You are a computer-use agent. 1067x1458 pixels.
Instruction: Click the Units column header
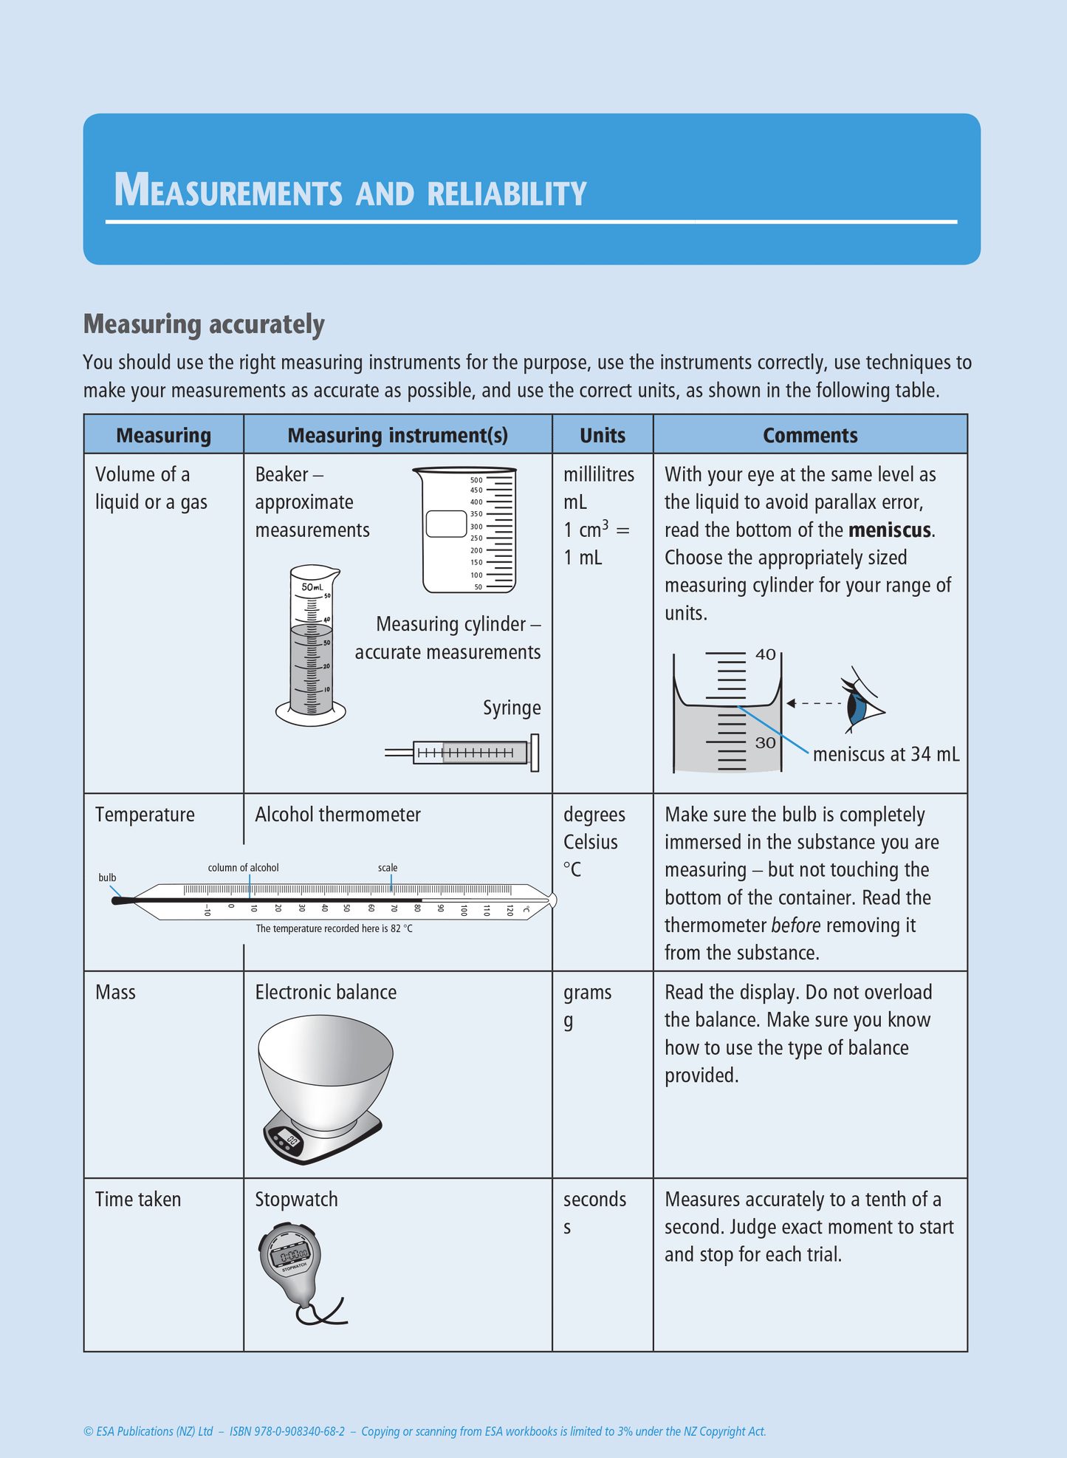point(602,435)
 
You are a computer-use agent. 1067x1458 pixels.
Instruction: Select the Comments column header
point(810,435)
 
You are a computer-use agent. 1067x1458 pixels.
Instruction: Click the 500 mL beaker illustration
point(465,530)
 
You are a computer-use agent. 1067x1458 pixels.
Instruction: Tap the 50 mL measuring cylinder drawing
point(311,646)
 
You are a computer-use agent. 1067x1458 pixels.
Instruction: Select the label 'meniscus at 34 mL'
point(885,754)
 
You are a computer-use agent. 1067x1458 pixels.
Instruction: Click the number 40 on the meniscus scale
point(766,654)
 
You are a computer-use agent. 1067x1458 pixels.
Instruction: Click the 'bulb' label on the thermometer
point(107,877)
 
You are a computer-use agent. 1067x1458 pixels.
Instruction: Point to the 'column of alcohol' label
point(243,868)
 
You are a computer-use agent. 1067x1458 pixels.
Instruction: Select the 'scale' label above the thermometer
point(388,868)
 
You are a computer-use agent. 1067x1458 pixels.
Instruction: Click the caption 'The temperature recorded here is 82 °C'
point(334,928)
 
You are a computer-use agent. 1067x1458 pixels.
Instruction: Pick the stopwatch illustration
point(291,1259)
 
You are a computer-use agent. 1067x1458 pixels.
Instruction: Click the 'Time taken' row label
point(138,1199)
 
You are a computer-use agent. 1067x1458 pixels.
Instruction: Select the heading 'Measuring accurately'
point(204,324)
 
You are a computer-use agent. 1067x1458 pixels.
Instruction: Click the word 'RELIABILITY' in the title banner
point(507,194)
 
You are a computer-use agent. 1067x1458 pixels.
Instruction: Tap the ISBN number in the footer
point(287,1431)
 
